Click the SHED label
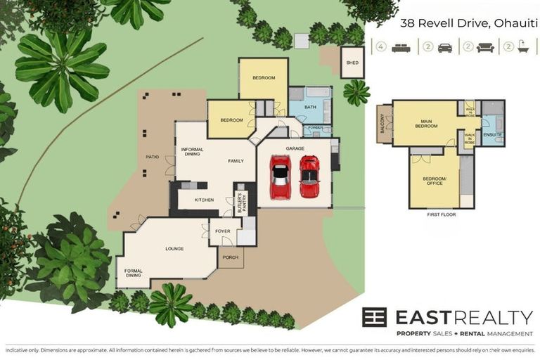352,63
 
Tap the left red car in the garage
280,177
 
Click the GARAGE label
295,149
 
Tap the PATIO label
151,157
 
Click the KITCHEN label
204,200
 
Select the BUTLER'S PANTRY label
239,202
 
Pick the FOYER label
222,231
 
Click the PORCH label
230,257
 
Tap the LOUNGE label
174,248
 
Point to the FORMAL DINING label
134,273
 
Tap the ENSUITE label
492,134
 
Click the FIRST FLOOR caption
441,215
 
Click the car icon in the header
445,48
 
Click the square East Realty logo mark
374,317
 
